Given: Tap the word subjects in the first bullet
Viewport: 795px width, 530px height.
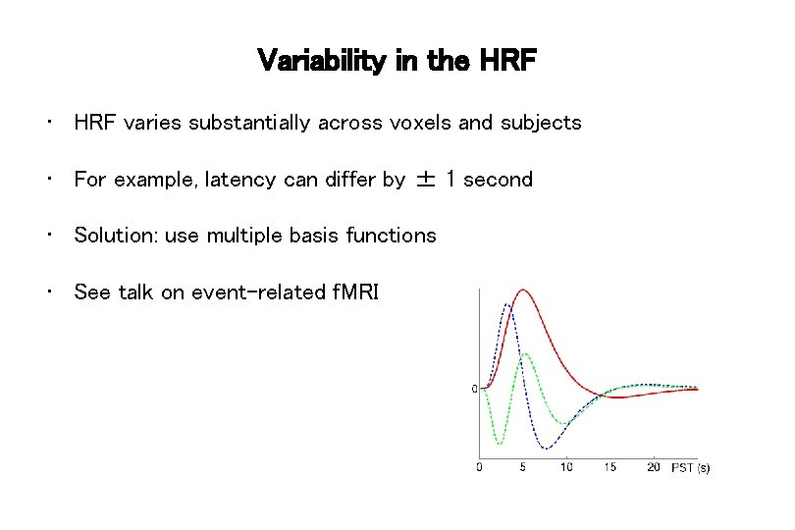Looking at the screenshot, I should click(x=542, y=123).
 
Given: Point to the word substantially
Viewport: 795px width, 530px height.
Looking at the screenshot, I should click(x=249, y=123).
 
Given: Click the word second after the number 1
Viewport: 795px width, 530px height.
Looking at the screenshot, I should click(x=498, y=180).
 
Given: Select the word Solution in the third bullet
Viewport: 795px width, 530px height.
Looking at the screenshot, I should click(x=116, y=236).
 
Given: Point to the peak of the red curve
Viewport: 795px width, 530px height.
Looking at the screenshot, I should click(x=523, y=290).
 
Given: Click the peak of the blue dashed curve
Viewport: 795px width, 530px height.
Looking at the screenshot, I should click(x=506, y=303).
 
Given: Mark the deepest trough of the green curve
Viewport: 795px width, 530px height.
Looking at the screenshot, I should click(x=500, y=443).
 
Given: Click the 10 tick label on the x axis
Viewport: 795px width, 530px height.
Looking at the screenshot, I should click(x=566, y=467).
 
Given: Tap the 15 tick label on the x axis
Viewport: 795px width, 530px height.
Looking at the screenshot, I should click(x=609, y=467).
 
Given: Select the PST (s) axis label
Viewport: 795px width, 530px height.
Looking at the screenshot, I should click(x=690, y=468).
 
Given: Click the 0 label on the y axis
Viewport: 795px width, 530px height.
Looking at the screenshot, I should click(x=474, y=390).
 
